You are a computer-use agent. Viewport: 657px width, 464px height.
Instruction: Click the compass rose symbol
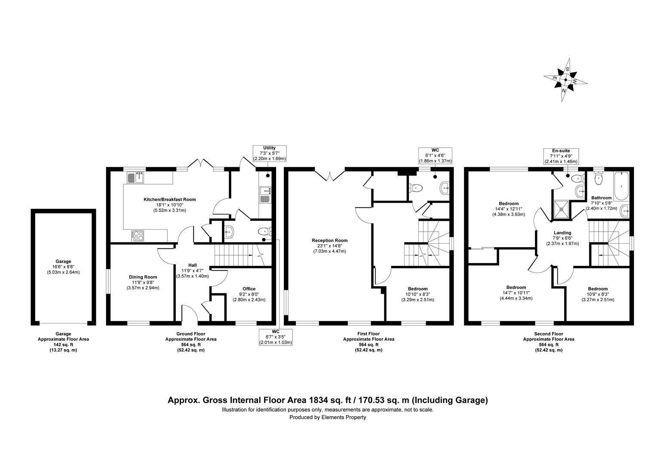[565, 80]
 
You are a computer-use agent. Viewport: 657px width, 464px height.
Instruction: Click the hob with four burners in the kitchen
[138, 235]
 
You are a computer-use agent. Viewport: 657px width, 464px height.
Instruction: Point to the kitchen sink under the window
[137, 177]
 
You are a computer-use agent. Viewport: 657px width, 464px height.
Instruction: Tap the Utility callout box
[269, 153]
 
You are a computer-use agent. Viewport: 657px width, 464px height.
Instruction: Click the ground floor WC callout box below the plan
[276, 337]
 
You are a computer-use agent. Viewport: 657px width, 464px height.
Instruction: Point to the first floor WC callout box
[435, 155]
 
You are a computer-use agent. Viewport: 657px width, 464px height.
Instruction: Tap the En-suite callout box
[561, 156]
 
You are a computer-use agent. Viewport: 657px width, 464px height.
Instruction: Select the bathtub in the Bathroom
[621, 186]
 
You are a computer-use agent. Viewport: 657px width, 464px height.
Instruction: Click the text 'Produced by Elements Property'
[328, 417]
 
